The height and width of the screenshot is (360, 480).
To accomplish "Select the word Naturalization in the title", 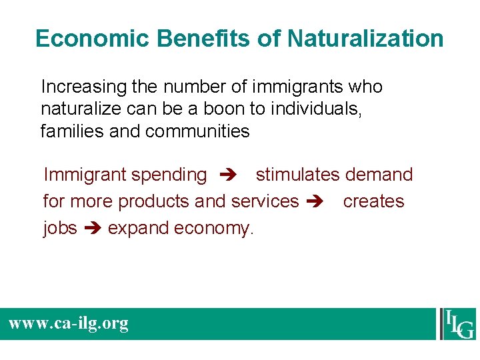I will [365, 39].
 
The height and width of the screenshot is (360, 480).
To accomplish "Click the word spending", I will [169, 175].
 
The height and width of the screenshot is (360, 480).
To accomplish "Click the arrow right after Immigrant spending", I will [226, 175].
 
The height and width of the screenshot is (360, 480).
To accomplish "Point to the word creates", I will [373, 201].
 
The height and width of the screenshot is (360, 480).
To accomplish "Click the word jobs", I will [60, 228].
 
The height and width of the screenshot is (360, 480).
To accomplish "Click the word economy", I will [214, 228].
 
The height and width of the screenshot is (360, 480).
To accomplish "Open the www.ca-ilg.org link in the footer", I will [68, 324].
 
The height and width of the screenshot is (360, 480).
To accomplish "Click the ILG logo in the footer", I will [457, 324].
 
